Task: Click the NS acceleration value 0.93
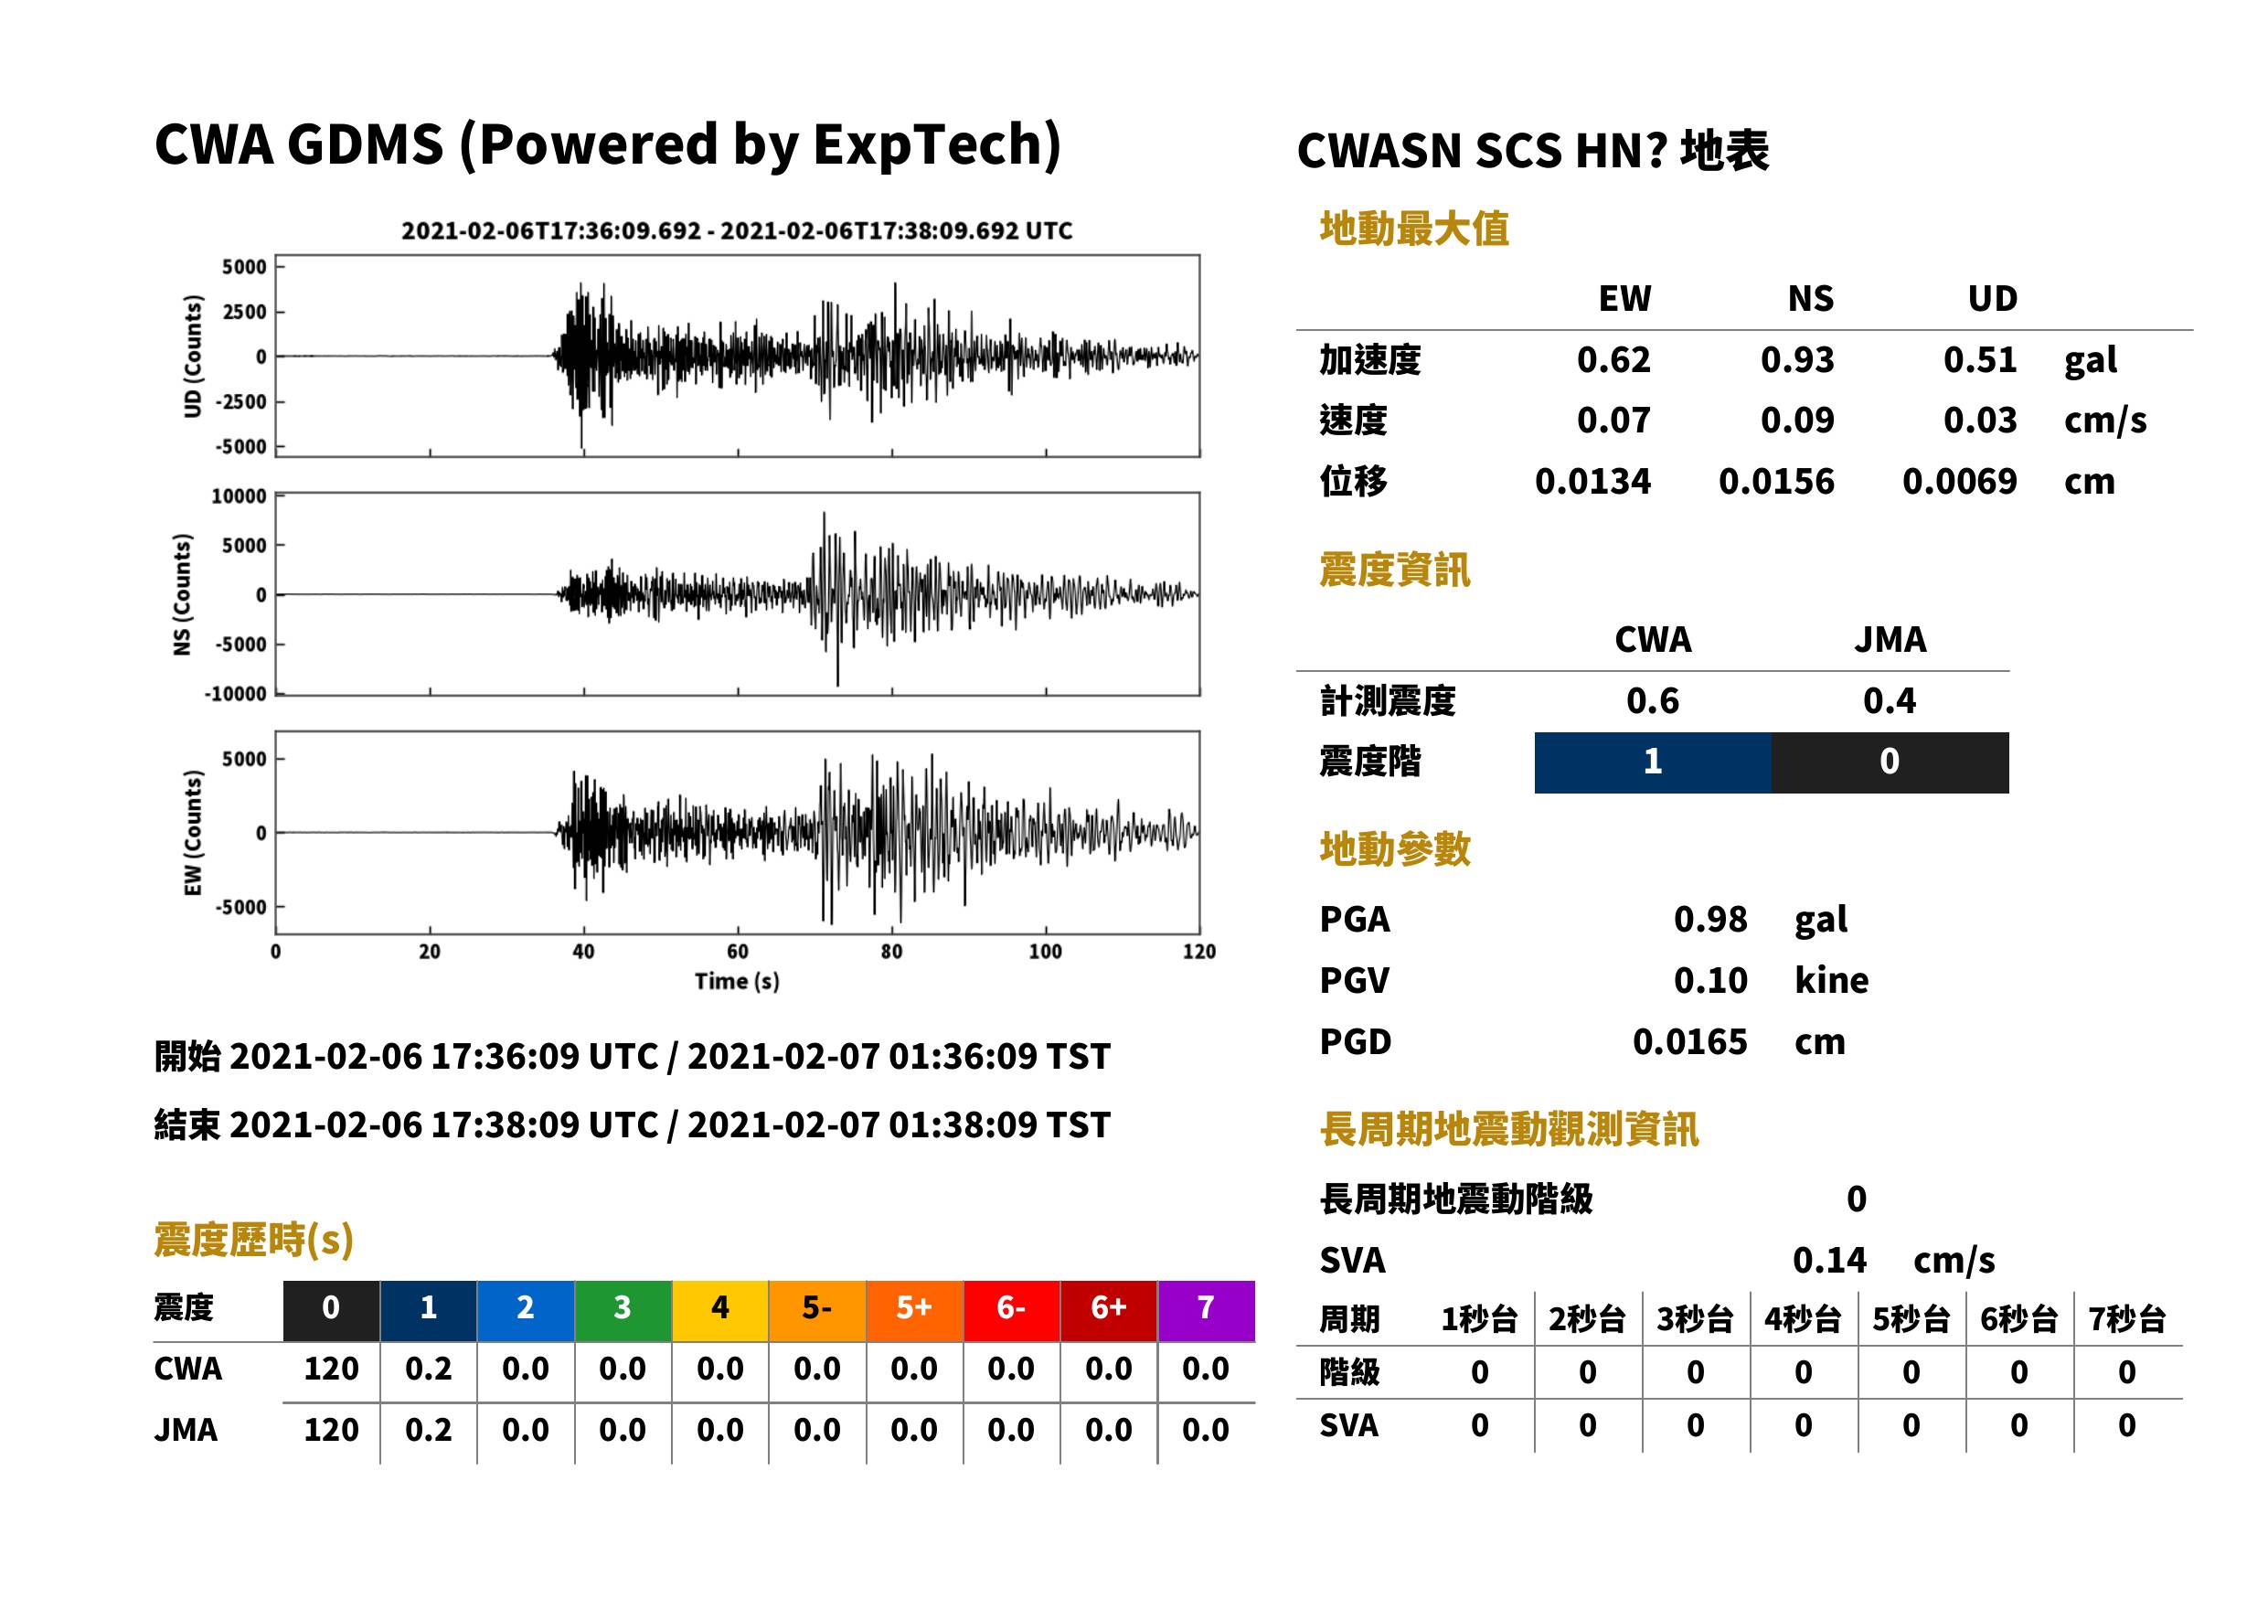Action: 1796,360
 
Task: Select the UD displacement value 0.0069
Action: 1959,482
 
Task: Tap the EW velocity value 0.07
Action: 1613,421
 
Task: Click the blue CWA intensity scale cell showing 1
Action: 1653,762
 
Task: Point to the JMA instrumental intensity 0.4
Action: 1889,701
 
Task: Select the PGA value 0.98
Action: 1710,920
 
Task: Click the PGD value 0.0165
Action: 1689,1042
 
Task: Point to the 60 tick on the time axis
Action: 737,952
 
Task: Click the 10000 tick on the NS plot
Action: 240,496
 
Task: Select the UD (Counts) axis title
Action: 193,357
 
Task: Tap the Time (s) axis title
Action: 737,982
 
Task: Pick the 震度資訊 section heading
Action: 1394,570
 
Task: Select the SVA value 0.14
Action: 1829,1261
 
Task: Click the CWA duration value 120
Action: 331,1370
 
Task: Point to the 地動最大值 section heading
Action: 1414,229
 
